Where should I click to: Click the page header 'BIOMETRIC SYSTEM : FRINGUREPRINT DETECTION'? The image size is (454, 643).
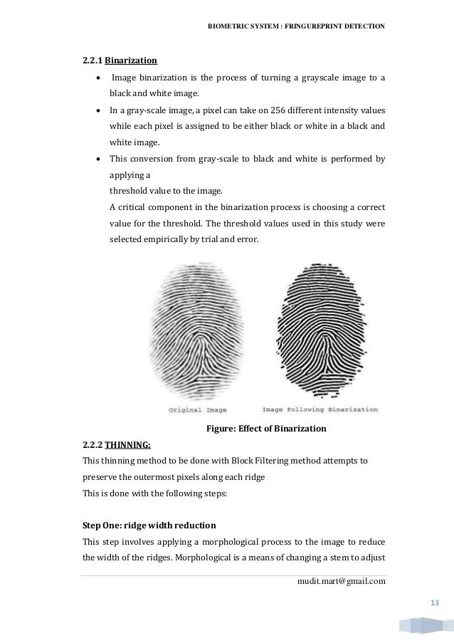coord(295,26)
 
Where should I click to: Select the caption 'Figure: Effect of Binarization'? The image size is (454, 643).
coord(265,428)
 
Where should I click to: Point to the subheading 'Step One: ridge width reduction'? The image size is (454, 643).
coord(149,525)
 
